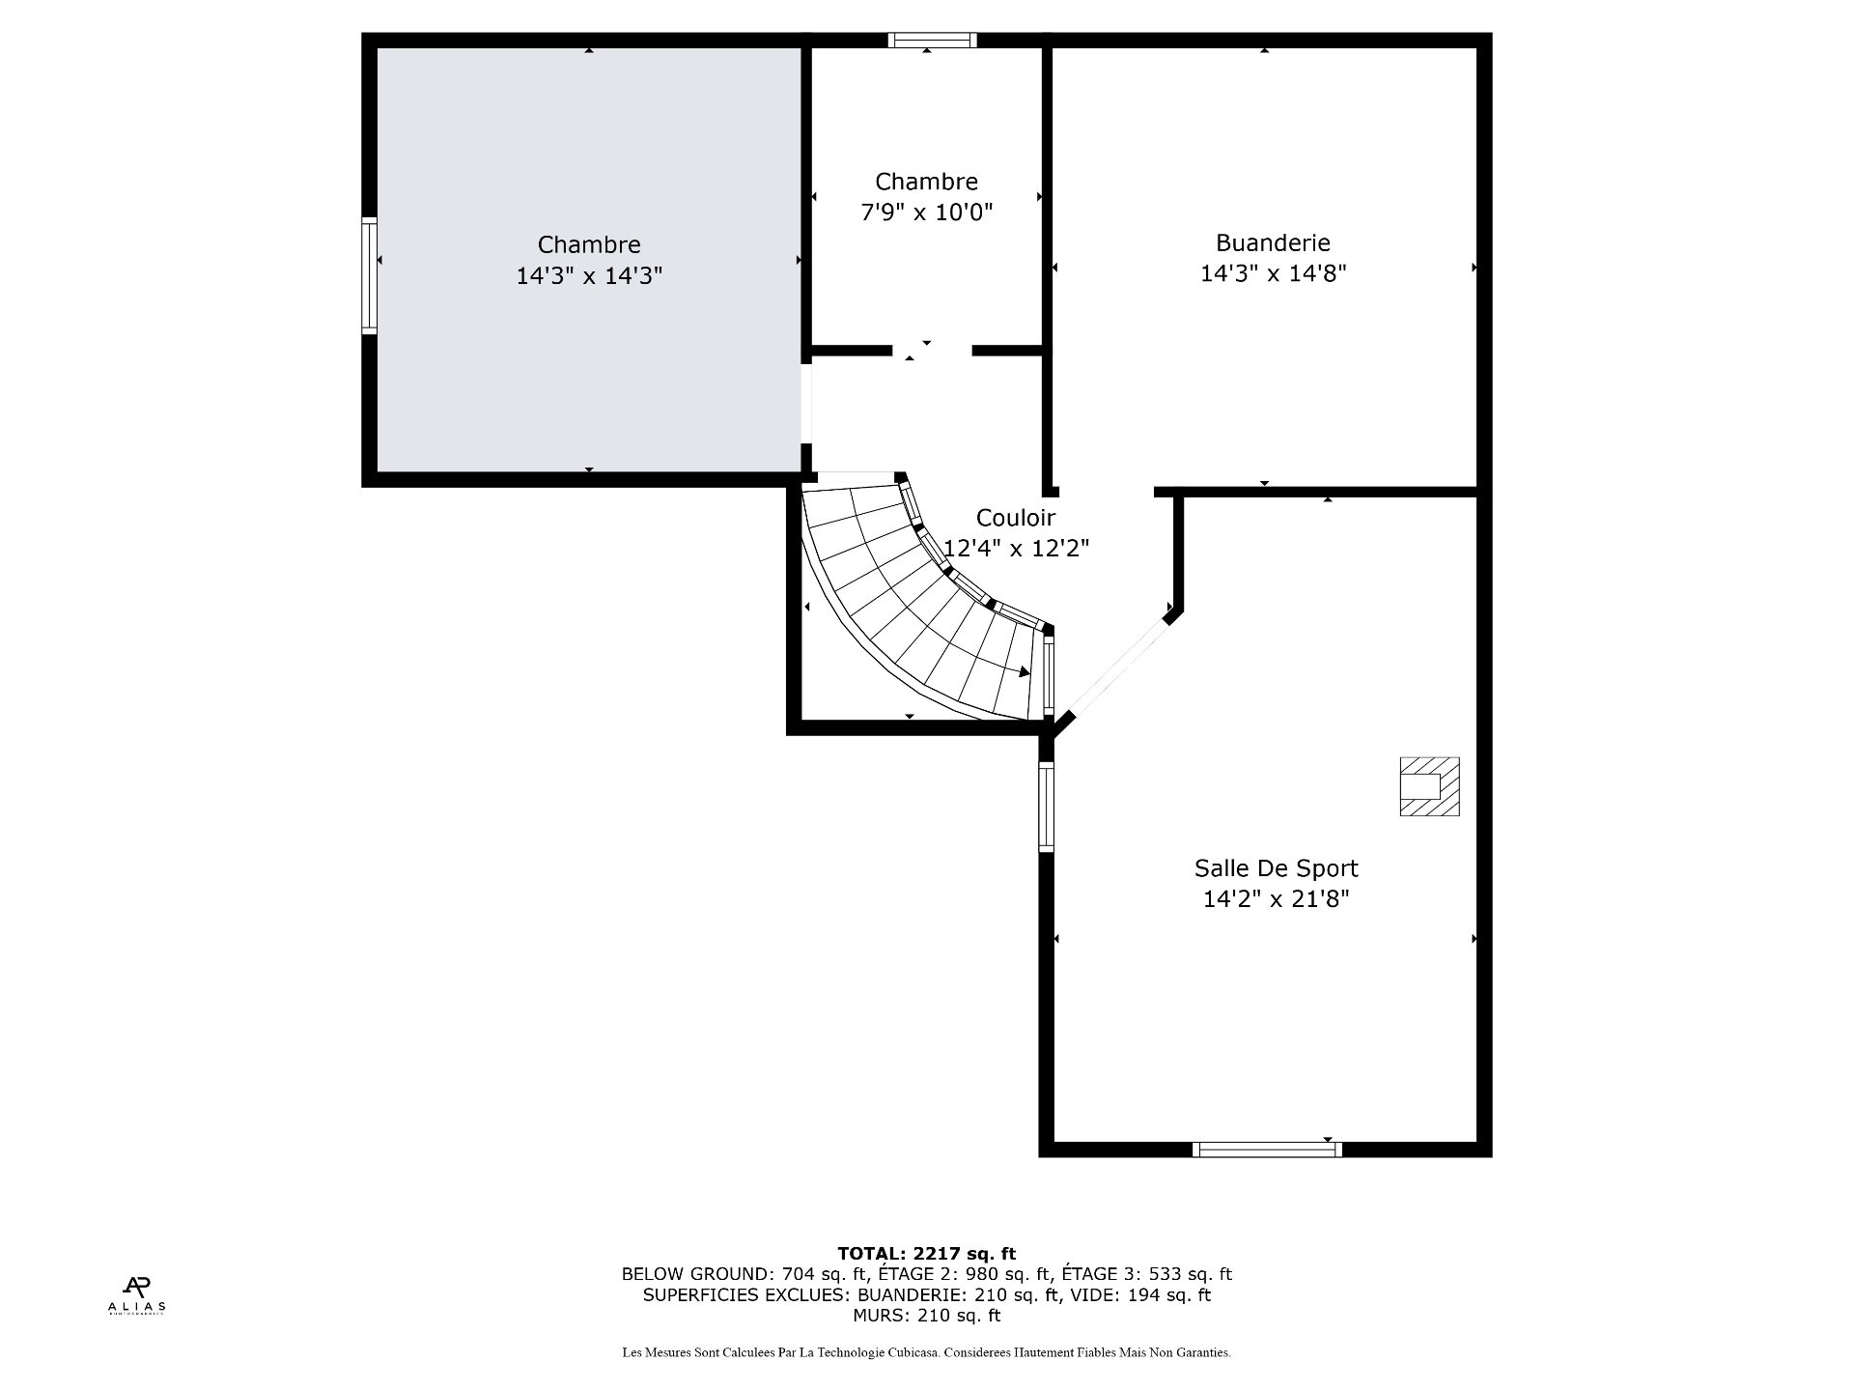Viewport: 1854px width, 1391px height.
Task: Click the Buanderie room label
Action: [x=1273, y=243]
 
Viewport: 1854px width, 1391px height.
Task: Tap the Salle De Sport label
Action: [x=1276, y=868]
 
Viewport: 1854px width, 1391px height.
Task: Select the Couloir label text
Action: [x=1015, y=518]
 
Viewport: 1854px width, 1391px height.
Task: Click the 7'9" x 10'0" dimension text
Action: [x=926, y=212]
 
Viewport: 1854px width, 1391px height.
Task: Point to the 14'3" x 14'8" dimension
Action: [x=1273, y=274]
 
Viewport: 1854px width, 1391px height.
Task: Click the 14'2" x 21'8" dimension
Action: [x=1276, y=899]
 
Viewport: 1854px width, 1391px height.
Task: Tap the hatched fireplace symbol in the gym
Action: [x=1429, y=786]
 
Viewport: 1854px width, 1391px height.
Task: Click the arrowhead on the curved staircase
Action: [x=1025, y=671]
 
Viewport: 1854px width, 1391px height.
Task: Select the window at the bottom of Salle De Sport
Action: [x=1267, y=1149]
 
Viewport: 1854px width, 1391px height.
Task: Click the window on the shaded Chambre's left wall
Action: [x=369, y=276]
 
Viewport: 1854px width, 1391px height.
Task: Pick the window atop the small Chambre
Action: [x=932, y=40]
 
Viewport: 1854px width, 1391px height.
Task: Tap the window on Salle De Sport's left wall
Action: [x=1046, y=807]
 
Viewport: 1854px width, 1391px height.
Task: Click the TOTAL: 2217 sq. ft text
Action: [x=926, y=1254]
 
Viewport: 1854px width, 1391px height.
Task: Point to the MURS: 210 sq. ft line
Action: [x=926, y=1315]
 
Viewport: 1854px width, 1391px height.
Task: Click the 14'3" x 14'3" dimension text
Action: [x=589, y=276]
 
